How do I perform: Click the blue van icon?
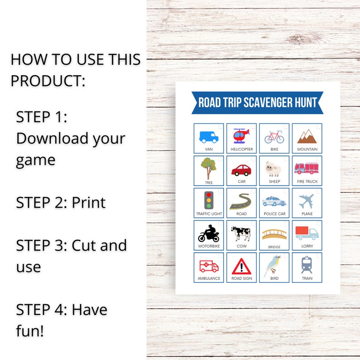click(209, 136)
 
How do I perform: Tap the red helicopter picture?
click(241, 135)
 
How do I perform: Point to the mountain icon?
click(307, 136)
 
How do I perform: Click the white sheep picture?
click(274, 169)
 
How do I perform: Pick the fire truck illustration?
click(307, 168)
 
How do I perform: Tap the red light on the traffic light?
click(209, 195)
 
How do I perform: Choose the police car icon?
click(274, 201)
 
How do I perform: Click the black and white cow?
click(241, 234)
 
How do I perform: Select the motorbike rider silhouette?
click(209, 234)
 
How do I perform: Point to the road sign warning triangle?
click(241, 266)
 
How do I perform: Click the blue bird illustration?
click(273, 265)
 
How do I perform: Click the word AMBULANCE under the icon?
click(209, 278)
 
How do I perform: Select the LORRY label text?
click(307, 246)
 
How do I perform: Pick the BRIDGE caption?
click(274, 247)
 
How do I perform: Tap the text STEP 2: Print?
click(61, 202)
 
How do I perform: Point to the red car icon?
click(241, 170)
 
